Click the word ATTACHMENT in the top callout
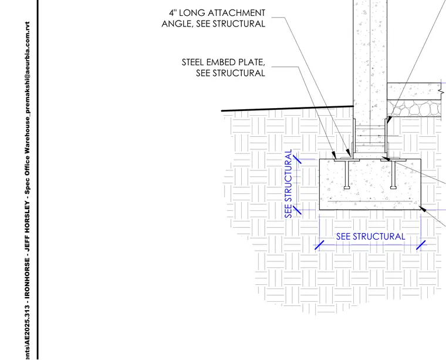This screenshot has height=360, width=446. (236, 13)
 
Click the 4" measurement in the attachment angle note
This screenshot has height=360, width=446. (173, 13)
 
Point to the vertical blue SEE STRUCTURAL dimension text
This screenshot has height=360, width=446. (288, 184)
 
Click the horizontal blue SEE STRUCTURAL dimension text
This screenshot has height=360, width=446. (371, 237)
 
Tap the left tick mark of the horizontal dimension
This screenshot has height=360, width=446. (319, 245)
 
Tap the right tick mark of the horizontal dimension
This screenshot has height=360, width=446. (421, 245)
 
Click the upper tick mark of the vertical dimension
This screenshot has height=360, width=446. (297, 159)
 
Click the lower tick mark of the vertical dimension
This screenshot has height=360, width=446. (297, 210)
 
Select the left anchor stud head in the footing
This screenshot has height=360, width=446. (347, 187)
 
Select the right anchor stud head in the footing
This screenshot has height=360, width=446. (393, 187)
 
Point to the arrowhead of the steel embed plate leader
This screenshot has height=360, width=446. (334, 156)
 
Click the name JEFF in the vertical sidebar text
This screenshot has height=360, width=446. (27, 247)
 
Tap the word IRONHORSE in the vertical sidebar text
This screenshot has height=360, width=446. (27, 279)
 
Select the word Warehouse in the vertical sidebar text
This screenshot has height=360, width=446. (27, 131)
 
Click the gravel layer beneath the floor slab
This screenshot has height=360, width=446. (414, 108)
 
